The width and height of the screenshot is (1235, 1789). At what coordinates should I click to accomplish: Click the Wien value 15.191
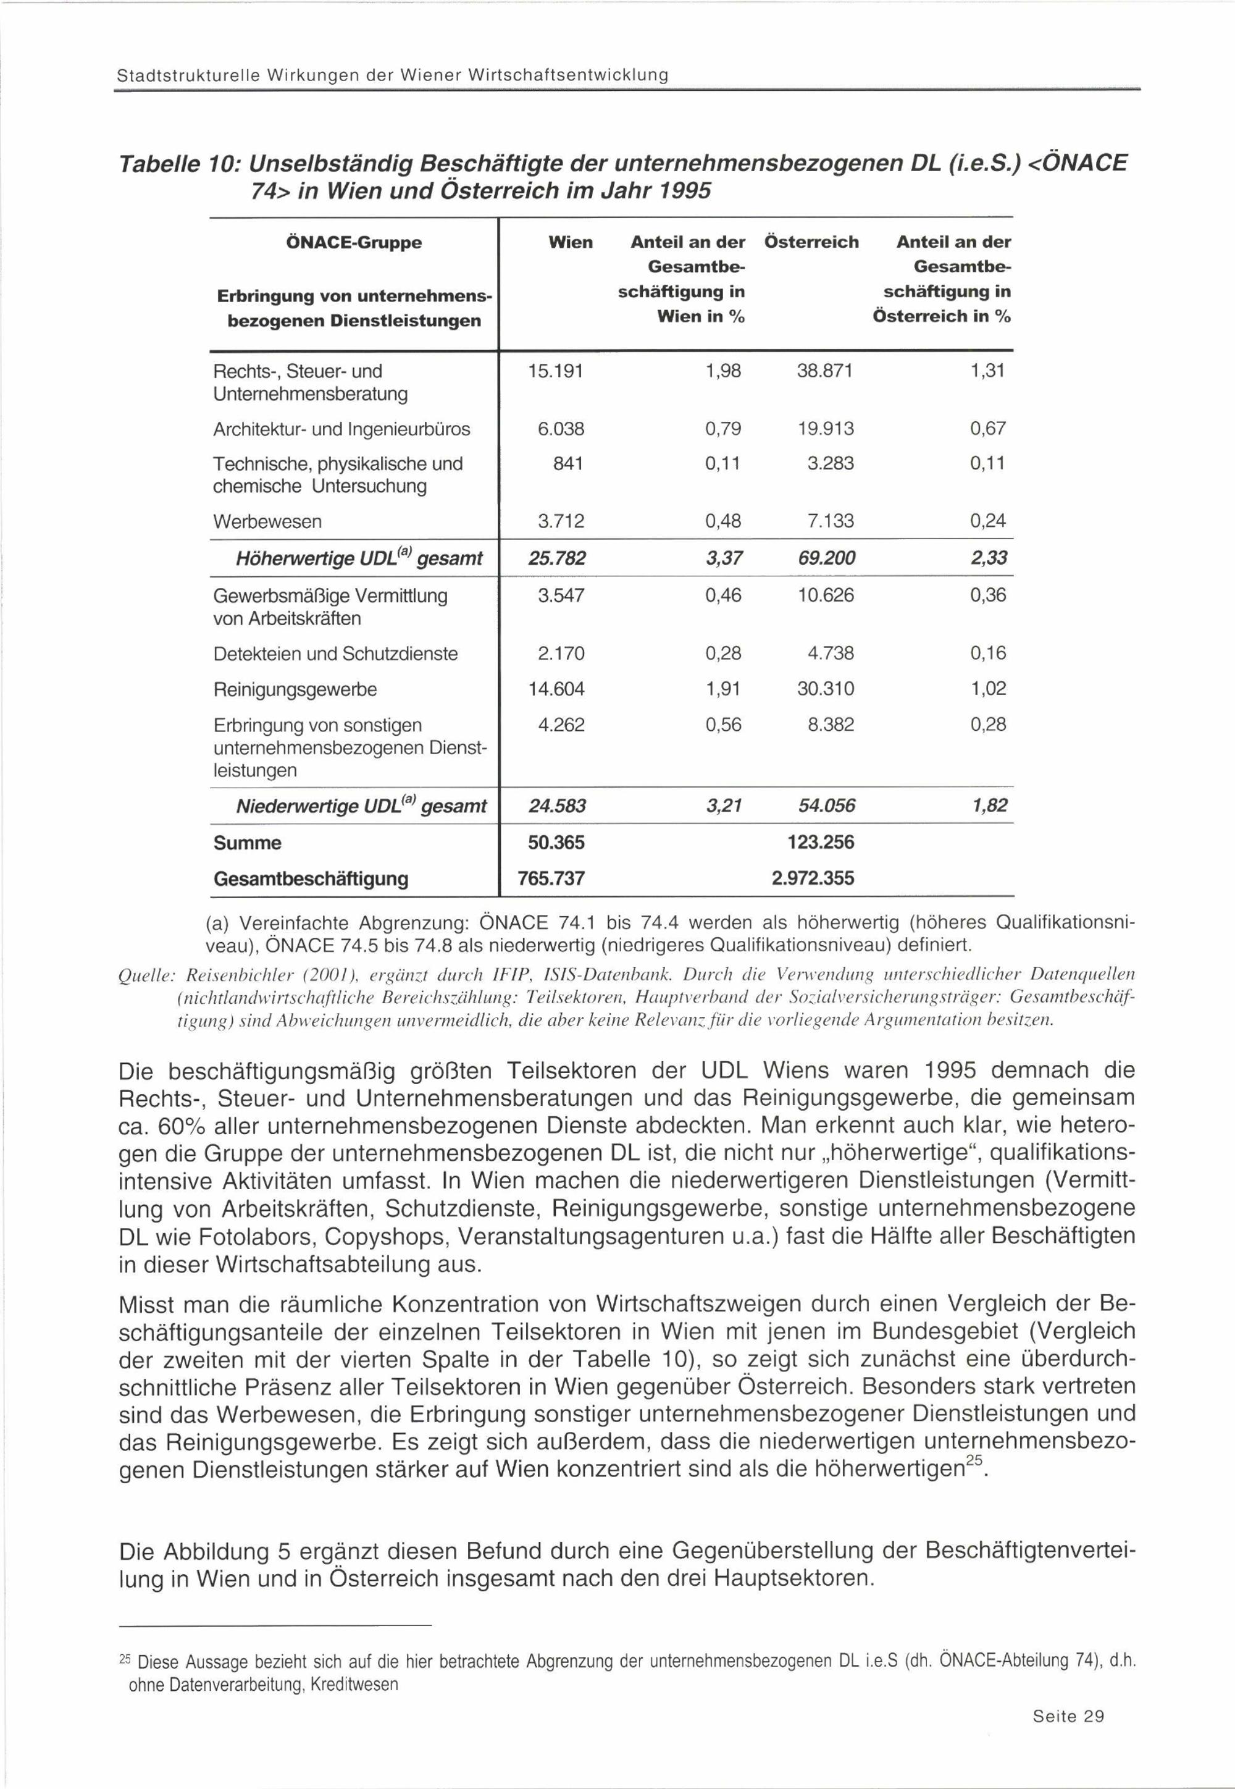click(x=556, y=371)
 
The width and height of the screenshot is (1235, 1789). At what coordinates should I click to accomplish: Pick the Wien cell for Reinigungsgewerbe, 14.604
click(x=556, y=688)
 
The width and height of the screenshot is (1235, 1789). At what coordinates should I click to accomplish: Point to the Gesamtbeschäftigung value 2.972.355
click(x=813, y=878)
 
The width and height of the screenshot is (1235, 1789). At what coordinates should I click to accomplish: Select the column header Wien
click(x=571, y=242)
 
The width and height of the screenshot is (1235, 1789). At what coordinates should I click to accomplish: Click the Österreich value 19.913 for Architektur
click(x=826, y=428)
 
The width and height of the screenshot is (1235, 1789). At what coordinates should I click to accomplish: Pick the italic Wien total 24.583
click(x=556, y=806)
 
